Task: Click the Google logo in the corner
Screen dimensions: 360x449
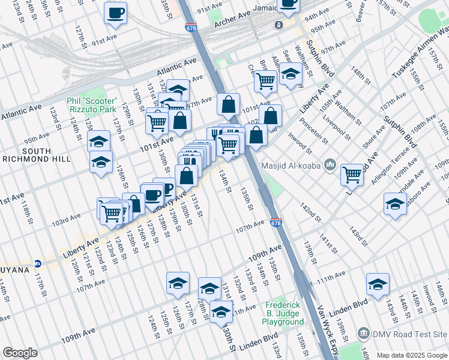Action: (20, 353)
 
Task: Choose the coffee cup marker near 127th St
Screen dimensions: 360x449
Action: (115, 13)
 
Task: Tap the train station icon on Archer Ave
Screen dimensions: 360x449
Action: (279, 25)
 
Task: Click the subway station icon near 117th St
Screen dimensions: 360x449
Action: (37, 263)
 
